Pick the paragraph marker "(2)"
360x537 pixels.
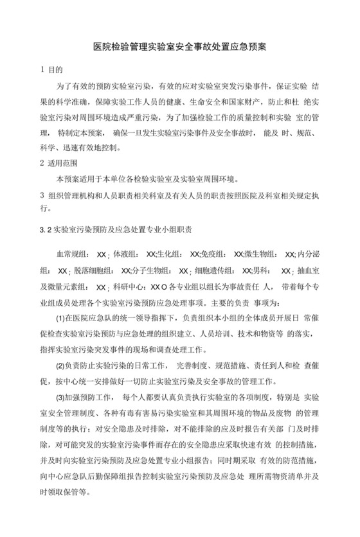tap(62, 365)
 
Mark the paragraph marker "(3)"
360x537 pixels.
tap(62, 396)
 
